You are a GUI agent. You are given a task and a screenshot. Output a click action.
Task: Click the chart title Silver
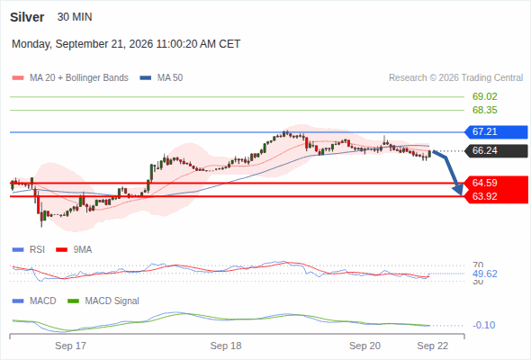27,17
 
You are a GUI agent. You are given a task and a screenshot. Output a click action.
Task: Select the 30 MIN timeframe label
75,17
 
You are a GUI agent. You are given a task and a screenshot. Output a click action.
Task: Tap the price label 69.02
484,96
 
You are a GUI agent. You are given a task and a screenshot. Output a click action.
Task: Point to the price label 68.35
484,110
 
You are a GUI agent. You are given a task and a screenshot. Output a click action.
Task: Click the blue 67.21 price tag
496,131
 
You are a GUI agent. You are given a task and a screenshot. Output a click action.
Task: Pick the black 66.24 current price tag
496,150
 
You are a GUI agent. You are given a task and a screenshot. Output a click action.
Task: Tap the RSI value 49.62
485,274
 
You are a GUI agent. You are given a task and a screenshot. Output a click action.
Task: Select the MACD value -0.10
484,325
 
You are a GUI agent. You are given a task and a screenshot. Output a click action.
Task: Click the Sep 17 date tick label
70,346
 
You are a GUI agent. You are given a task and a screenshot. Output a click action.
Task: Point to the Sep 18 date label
226,346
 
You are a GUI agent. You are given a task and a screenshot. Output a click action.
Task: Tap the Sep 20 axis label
364,346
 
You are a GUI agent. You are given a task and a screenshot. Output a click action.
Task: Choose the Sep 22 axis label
433,346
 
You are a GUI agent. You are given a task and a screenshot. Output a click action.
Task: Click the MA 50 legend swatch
146,78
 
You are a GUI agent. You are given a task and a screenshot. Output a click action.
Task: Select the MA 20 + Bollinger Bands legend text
79,78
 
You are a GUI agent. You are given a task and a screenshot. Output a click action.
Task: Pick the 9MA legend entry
74,250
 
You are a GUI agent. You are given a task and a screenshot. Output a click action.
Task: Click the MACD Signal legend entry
103,301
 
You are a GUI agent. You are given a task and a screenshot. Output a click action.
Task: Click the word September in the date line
80,44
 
